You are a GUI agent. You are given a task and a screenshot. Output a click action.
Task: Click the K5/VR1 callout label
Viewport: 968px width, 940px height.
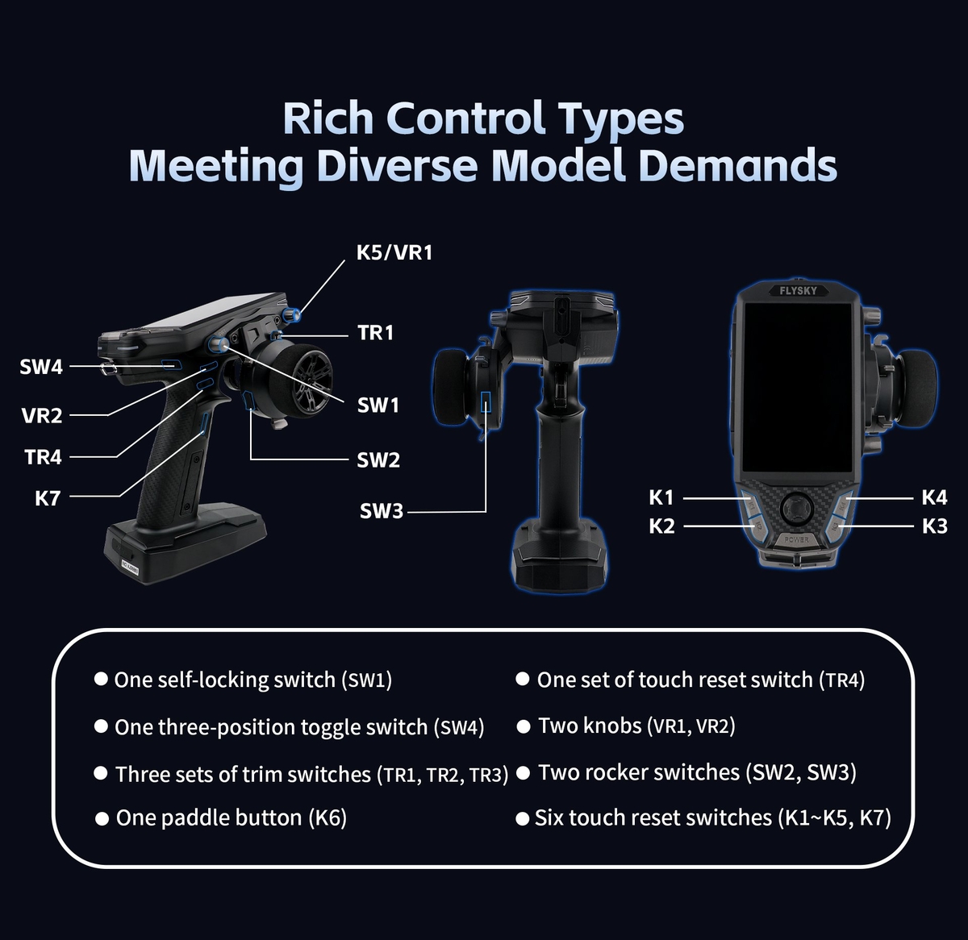pyautogui.click(x=394, y=252)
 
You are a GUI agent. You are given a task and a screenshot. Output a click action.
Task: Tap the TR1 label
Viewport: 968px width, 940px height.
pyautogui.click(x=375, y=332)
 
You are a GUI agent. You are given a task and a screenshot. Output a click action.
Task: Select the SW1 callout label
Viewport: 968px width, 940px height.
pyautogui.click(x=378, y=405)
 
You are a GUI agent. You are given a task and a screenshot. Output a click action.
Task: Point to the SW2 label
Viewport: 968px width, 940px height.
pyautogui.click(x=378, y=460)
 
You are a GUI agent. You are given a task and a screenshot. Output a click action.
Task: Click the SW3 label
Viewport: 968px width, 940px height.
pyautogui.click(x=381, y=511)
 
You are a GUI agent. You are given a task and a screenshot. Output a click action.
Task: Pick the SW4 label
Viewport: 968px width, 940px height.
pyautogui.click(x=41, y=368)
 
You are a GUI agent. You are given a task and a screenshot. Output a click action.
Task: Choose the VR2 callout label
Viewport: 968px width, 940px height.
pyautogui.click(x=42, y=416)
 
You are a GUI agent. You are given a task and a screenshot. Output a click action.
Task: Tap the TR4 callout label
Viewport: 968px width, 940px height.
pyautogui.click(x=43, y=457)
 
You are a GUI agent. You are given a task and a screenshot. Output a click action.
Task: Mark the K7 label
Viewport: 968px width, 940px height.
pyautogui.click(x=48, y=498)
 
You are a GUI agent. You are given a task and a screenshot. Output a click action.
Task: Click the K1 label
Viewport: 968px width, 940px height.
pyautogui.click(x=661, y=498)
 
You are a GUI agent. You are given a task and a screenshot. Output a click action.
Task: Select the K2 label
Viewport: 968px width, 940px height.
pyautogui.click(x=661, y=526)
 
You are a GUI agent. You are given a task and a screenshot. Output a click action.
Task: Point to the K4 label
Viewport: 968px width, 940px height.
pyautogui.click(x=934, y=497)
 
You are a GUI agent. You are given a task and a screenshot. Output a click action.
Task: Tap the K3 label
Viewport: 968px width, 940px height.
pyautogui.click(x=934, y=526)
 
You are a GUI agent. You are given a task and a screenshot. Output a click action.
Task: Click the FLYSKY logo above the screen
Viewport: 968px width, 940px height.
pyautogui.click(x=798, y=290)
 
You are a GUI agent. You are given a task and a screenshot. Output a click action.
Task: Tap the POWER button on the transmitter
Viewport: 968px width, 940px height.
pyautogui.click(x=796, y=539)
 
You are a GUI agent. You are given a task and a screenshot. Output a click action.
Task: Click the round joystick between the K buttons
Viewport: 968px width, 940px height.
pyautogui.click(x=797, y=506)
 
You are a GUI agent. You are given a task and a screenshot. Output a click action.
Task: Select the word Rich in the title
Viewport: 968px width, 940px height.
pyautogui.click(x=328, y=119)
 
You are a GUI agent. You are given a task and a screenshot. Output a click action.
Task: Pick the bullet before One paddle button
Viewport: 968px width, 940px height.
pyautogui.click(x=102, y=819)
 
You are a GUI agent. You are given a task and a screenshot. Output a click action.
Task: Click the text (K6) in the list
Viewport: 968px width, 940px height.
pyautogui.click(x=328, y=818)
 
